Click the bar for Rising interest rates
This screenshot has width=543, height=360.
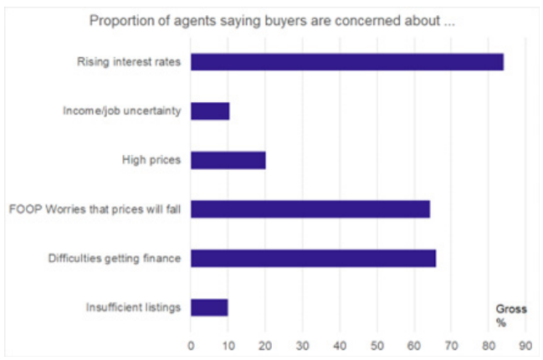[x=347, y=62]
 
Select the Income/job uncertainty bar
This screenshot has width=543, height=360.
[x=210, y=111]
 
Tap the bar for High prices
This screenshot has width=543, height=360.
[x=228, y=160]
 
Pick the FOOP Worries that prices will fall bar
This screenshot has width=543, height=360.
[x=310, y=208]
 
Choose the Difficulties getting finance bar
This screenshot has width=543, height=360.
[x=313, y=258]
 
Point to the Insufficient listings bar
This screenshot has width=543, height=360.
[x=209, y=307]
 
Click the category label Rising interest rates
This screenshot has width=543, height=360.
[x=128, y=62]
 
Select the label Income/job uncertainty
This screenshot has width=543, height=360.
[x=122, y=111]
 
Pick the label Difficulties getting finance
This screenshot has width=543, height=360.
[x=115, y=258]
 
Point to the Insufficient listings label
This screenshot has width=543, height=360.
[x=134, y=307]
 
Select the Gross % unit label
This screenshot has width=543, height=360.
[x=510, y=316]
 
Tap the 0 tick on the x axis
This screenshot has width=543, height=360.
[x=191, y=343]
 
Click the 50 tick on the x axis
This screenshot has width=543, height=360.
[x=377, y=343]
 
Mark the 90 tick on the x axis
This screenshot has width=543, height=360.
[x=525, y=343]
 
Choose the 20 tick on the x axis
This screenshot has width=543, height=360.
[x=265, y=343]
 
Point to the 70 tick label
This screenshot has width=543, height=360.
[x=451, y=343]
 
